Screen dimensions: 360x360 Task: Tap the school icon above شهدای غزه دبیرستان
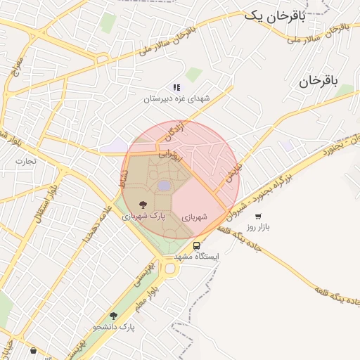(x=176, y=87)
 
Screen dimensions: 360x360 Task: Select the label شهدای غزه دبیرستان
(x=176, y=99)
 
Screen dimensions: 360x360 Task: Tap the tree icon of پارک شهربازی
(x=143, y=204)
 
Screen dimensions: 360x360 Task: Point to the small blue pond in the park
(x=164, y=185)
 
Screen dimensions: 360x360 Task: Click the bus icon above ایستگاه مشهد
(x=196, y=245)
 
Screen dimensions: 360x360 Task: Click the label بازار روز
(x=259, y=228)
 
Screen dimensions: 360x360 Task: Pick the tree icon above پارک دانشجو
(x=113, y=316)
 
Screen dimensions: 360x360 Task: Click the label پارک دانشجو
(x=113, y=328)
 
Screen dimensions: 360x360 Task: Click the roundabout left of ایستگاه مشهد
(x=169, y=269)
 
